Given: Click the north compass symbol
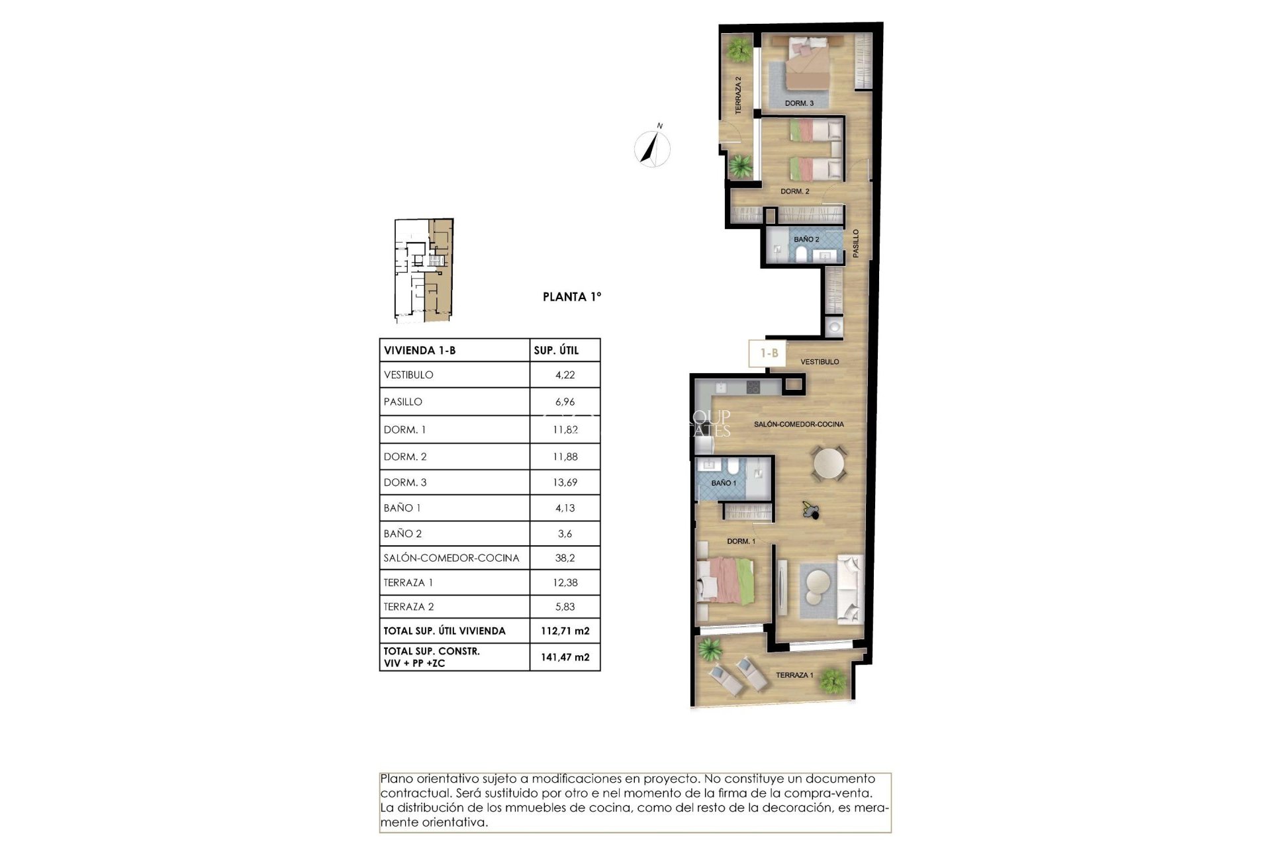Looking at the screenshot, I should [652, 148].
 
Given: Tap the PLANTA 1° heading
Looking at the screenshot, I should [572, 297].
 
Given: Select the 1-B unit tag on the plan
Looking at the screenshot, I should [769, 353].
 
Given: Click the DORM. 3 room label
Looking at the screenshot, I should [799, 103].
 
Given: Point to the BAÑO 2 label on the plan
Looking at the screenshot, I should [806, 239].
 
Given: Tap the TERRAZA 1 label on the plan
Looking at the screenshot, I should [794, 675].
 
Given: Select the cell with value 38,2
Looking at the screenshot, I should [565, 558].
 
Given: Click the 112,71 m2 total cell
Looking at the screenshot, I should [565, 631].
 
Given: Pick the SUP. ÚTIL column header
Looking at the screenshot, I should [556, 351].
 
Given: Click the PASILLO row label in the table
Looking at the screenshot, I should [402, 402].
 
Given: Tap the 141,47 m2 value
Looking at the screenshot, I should [565, 657].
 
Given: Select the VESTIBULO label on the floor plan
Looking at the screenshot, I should [820, 362].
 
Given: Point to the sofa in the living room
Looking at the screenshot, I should [851, 589].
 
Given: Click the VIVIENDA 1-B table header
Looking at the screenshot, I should [420, 351].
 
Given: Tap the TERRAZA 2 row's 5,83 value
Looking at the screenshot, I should [565, 607].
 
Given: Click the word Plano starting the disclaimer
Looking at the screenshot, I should [397, 779].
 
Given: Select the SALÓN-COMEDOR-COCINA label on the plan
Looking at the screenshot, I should [798, 424].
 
